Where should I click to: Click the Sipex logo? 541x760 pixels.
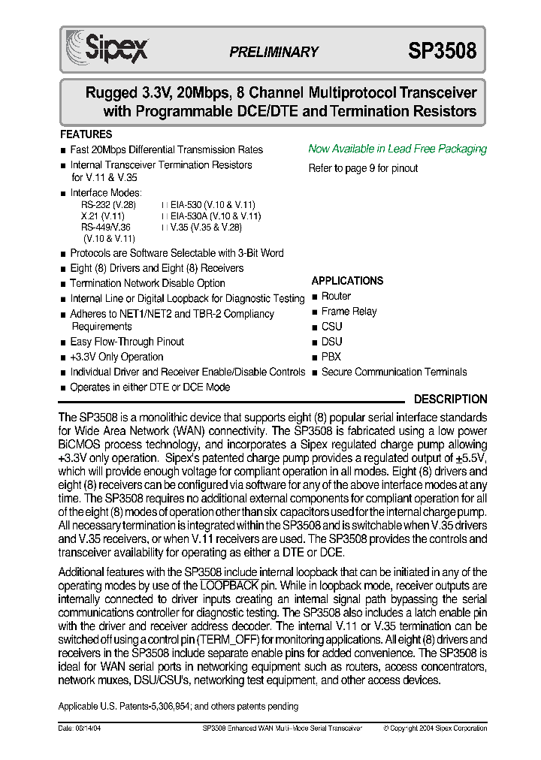(x=107, y=47)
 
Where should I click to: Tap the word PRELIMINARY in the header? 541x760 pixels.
(x=274, y=52)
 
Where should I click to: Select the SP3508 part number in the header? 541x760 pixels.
(x=442, y=51)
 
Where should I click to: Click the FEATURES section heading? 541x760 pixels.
(x=86, y=134)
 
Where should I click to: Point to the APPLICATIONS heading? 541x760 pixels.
(x=347, y=281)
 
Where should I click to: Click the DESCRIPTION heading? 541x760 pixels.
(x=450, y=400)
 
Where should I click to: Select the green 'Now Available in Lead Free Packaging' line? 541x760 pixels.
(x=397, y=149)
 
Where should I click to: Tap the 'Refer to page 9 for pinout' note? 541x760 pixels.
(x=363, y=168)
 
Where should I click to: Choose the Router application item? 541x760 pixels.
(x=336, y=296)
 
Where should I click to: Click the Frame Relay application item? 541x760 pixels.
(x=349, y=311)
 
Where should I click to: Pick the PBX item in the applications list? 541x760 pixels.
(x=331, y=357)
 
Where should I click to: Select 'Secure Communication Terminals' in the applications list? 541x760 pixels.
(x=394, y=372)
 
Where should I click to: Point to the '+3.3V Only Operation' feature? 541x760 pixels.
(x=116, y=357)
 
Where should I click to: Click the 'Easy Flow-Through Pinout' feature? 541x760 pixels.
(x=127, y=342)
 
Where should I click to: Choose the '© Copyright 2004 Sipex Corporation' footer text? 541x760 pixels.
(x=435, y=728)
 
